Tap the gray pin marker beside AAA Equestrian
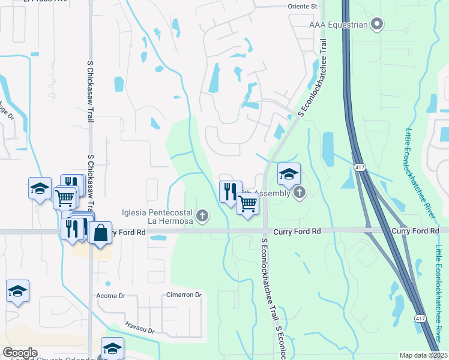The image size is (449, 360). [377, 25]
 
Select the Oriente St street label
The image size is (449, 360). [303, 6]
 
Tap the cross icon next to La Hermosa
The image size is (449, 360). [203, 215]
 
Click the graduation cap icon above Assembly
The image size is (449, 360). [289, 174]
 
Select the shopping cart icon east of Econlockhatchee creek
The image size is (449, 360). [247, 204]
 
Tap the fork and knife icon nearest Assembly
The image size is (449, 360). [231, 192]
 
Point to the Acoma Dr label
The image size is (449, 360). [110, 296]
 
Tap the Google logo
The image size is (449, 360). [19, 353]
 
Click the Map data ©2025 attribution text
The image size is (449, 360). [423, 355]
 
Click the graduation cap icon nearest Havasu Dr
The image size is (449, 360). [112, 348]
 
